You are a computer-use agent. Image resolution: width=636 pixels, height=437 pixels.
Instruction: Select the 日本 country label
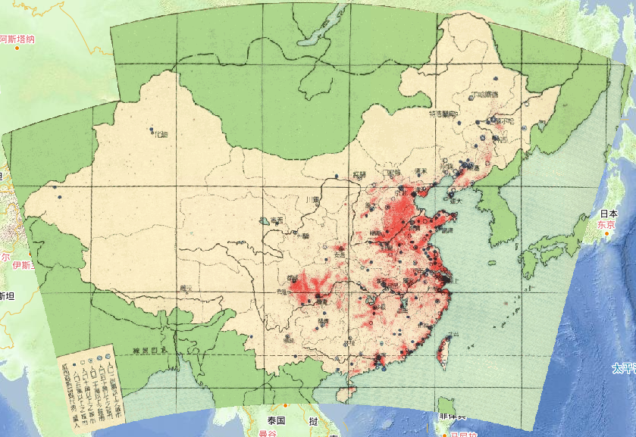pos(608,214)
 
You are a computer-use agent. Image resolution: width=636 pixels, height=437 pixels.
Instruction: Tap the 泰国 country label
pos(274,420)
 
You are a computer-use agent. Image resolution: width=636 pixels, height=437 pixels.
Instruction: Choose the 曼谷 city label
pos(267,434)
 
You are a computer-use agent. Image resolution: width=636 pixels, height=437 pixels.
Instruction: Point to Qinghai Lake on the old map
pos(263,221)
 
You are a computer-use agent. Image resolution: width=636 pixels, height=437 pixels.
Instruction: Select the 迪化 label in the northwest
pos(159,135)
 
